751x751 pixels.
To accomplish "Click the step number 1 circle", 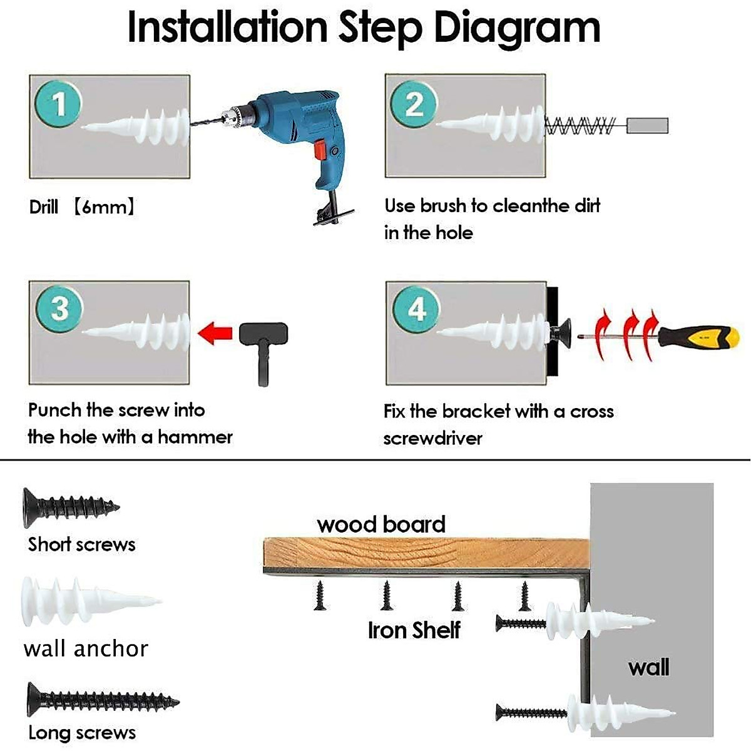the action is (x=58, y=104).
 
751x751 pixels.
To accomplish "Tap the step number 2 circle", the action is (x=414, y=104).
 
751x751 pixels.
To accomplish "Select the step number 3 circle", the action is (x=59, y=309).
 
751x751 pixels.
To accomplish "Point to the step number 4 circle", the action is (x=416, y=310).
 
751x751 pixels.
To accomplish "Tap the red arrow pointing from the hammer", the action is (x=215, y=334).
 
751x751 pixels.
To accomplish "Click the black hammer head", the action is (x=263, y=334).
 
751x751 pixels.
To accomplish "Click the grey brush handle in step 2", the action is (x=647, y=126).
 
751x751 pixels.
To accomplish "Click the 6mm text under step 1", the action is (x=104, y=207).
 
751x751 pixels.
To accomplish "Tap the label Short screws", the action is (x=81, y=544).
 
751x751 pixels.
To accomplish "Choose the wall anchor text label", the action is (x=86, y=649).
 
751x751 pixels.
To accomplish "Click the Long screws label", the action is (x=82, y=733).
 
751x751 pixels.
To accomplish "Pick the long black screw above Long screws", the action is (x=103, y=700).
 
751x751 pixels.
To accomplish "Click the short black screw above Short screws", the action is (x=71, y=508).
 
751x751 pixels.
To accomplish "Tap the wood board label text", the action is (x=381, y=524).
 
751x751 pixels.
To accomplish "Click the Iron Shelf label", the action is (x=414, y=630).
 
